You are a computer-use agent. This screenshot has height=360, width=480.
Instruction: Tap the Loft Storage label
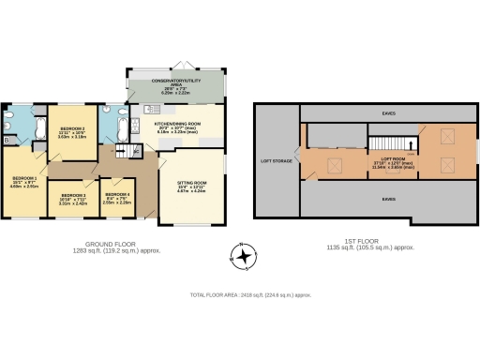pos(276,160)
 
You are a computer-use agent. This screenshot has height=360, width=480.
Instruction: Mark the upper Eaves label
pos(388,113)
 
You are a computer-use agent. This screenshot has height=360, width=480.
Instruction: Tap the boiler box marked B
pos(7,141)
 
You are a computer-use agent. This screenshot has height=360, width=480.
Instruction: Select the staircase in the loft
pos(382,143)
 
